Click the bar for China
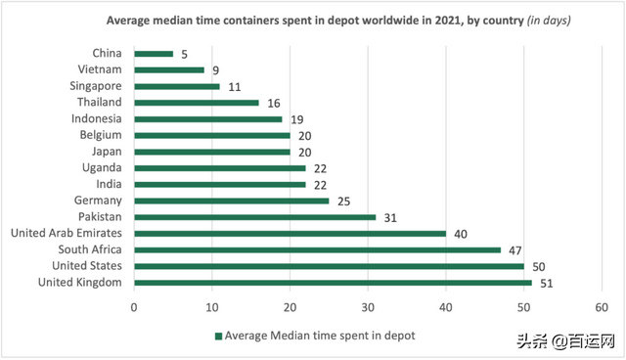[153, 54]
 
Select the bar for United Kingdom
[333, 283]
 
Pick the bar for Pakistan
[254, 217]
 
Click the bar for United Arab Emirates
[290, 234]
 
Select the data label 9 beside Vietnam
[215, 70]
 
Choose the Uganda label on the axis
[103, 168]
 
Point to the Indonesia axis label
[97, 119]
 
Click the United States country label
[88, 266]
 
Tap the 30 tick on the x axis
[368, 305]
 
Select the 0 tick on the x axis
[134, 305]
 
